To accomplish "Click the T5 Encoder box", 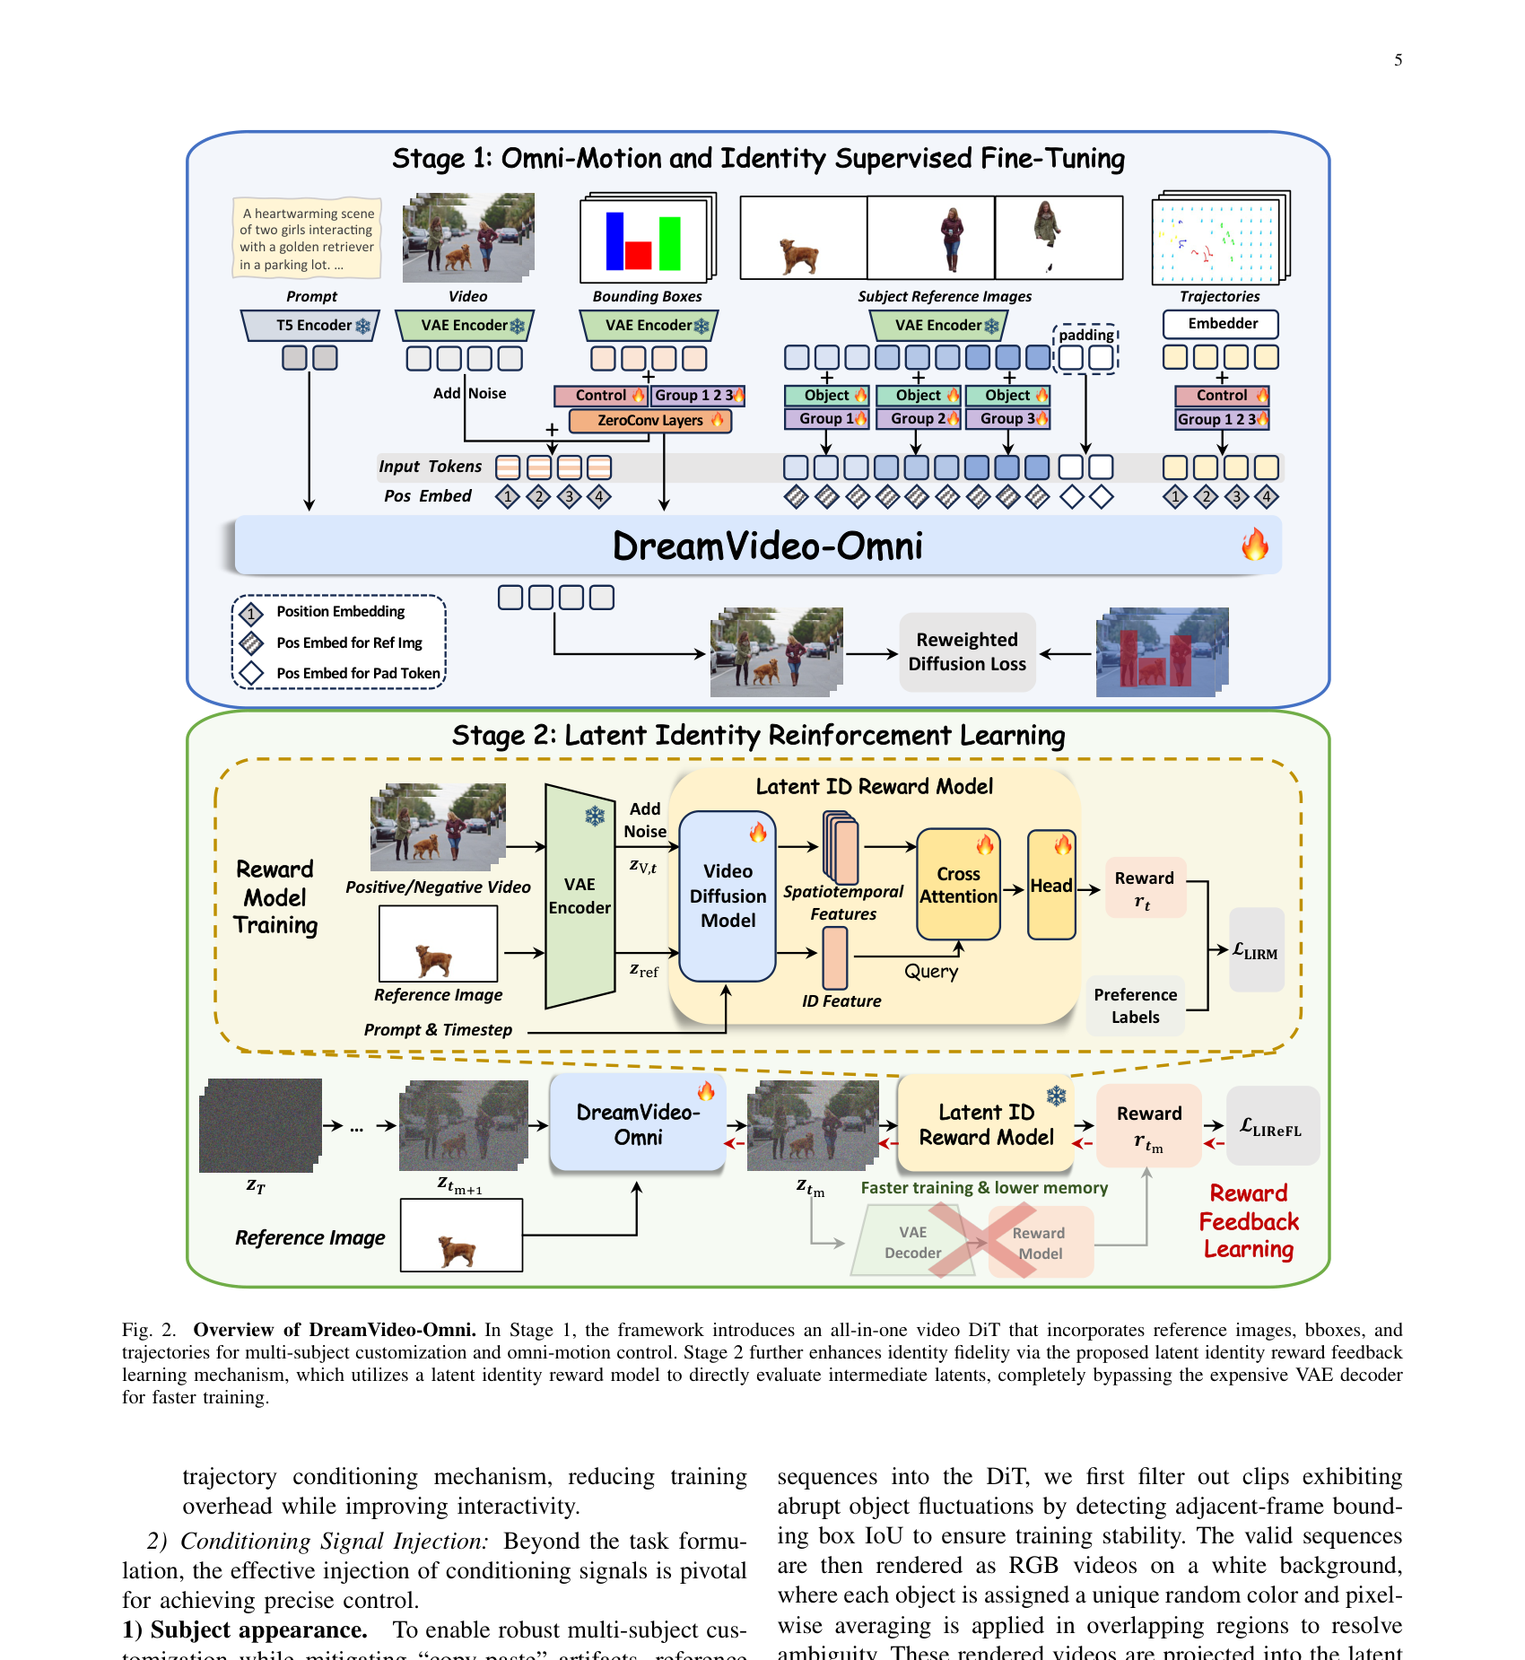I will tap(311, 325).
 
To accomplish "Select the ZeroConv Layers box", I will tap(650, 420).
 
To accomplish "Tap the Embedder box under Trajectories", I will tap(1221, 324).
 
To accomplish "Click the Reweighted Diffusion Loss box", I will tap(967, 651).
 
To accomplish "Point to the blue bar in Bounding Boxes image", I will tap(614, 240).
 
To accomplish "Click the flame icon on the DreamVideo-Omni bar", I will tap(1254, 544).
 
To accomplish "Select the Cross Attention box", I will tap(958, 885).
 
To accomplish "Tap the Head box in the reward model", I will tap(1051, 885).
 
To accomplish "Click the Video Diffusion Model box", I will tap(728, 896).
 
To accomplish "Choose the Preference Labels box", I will tap(1135, 1006).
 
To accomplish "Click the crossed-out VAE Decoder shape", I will tap(911, 1242).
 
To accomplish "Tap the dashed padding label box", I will tap(1085, 335).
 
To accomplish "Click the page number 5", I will tap(1398, 60).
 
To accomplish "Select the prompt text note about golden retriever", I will tap(307, 239).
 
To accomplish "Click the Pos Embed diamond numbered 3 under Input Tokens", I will tap(569, 496).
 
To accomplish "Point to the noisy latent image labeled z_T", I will tap(259, 1125).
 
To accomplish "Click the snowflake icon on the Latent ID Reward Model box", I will tap(1057, 1096).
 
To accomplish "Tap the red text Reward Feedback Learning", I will tap(1248, 1221).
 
